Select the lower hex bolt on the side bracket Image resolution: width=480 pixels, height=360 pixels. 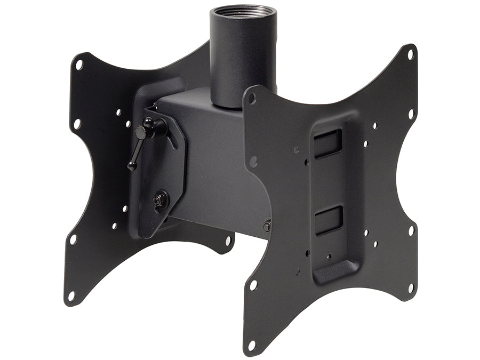pyautogui.click(x=159, y=201)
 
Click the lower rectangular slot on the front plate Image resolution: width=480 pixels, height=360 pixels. pyautogui.click(x=328, y=220)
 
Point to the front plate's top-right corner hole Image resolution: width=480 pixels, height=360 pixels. pyautogui.click(x=410, y=54)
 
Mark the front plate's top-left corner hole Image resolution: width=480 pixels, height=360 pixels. pyautogui.click(x=251, y=99)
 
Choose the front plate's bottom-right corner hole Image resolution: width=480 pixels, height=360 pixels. pyautogui.click(x=411, y=287)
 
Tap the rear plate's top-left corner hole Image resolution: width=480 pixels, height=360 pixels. pyautogui.click(x=79, y=65)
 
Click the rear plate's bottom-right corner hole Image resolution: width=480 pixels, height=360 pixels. pyautogui.click(x=228, y=241)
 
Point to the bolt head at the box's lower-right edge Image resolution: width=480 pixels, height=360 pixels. pyautogui.click(x=267, y=226)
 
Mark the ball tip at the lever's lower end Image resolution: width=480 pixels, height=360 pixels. pyautogui.click(x=130, y=167)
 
